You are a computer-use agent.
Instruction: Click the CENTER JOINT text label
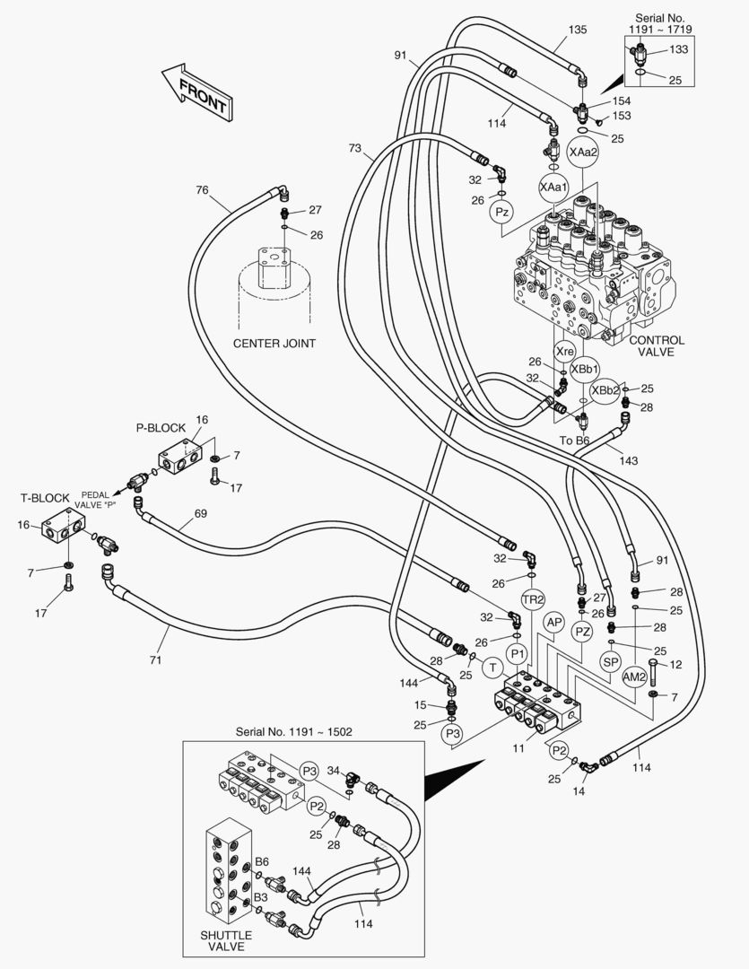274,343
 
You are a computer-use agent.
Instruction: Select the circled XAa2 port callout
581,152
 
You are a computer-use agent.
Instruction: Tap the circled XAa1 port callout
553,187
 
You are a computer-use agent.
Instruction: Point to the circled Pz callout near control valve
502,212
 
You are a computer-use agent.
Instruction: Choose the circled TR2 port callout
534,599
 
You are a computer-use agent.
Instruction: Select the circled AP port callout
554,623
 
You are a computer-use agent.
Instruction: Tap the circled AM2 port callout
635,676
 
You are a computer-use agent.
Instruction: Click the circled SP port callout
611,661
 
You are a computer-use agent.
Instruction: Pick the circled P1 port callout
517,652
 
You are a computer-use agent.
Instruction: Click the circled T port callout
492,667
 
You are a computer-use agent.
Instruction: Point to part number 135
578,29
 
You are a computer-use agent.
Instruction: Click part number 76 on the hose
202,189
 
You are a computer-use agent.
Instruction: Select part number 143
629,460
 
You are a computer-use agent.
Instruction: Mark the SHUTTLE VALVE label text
225,941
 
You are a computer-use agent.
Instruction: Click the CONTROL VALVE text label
657,346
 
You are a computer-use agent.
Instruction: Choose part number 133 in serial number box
679,48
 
